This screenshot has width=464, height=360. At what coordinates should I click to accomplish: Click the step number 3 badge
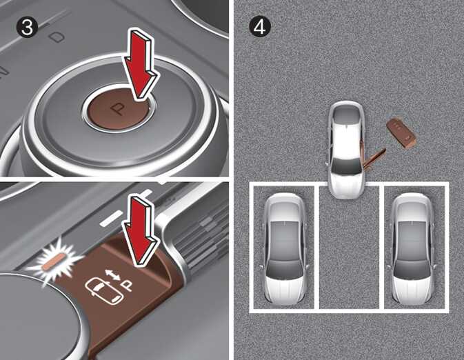click(27, 27)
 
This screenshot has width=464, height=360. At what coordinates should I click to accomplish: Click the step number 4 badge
click(259, 27)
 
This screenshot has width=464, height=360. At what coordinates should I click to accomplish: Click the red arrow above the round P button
click(141, 64)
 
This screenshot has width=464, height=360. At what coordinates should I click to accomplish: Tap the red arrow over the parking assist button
click(141, 232)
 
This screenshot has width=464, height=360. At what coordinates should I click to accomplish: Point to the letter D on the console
click(57, 37)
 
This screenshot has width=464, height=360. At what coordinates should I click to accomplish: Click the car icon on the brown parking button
click(104, 291)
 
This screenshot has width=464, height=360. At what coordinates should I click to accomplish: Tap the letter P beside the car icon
click(128, 286)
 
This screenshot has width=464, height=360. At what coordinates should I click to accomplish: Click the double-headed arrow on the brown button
click(113, 275)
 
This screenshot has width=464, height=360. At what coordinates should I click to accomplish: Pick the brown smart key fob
click(401, 133)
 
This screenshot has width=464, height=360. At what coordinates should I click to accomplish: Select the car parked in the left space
click(284, 249)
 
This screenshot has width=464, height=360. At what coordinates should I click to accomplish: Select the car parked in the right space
click(413, 249)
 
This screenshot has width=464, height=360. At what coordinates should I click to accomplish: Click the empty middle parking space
click(349, 252)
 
